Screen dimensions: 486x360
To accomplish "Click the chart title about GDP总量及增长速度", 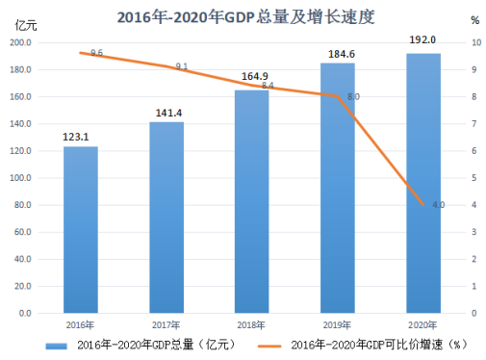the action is tap(245, 16).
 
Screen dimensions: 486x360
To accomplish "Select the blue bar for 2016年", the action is tap(81, 230).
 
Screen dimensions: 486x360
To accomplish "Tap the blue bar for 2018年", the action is tap(252, 201).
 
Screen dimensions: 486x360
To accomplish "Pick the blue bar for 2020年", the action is tap(423, 183).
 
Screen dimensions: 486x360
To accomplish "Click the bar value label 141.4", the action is tap(168, 113).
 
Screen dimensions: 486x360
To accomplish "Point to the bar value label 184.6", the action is tap(342, 54).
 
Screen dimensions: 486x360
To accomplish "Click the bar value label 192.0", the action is tap(422, 39).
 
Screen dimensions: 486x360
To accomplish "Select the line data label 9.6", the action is tap(96, 53).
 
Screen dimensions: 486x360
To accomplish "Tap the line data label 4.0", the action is tap(439, 205).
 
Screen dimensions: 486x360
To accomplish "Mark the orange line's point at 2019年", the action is tap(338, 95).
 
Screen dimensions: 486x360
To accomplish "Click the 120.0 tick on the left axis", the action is tap(20, 151).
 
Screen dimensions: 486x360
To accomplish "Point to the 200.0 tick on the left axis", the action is tap(20, 42).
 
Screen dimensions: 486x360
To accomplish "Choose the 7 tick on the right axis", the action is tap(474, 124).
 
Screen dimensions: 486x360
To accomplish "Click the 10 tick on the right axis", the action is tap(476, 42).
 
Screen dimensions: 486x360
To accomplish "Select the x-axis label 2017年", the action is tap(166, 325).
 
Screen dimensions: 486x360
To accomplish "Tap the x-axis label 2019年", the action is tap(337, 325).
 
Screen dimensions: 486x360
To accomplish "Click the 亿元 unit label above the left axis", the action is tap(26, 25).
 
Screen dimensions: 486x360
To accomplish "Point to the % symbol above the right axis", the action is tap(475, 20).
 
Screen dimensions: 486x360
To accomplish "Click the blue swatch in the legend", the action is tap(56, 347).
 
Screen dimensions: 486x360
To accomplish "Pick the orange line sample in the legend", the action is tap(269, 347).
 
